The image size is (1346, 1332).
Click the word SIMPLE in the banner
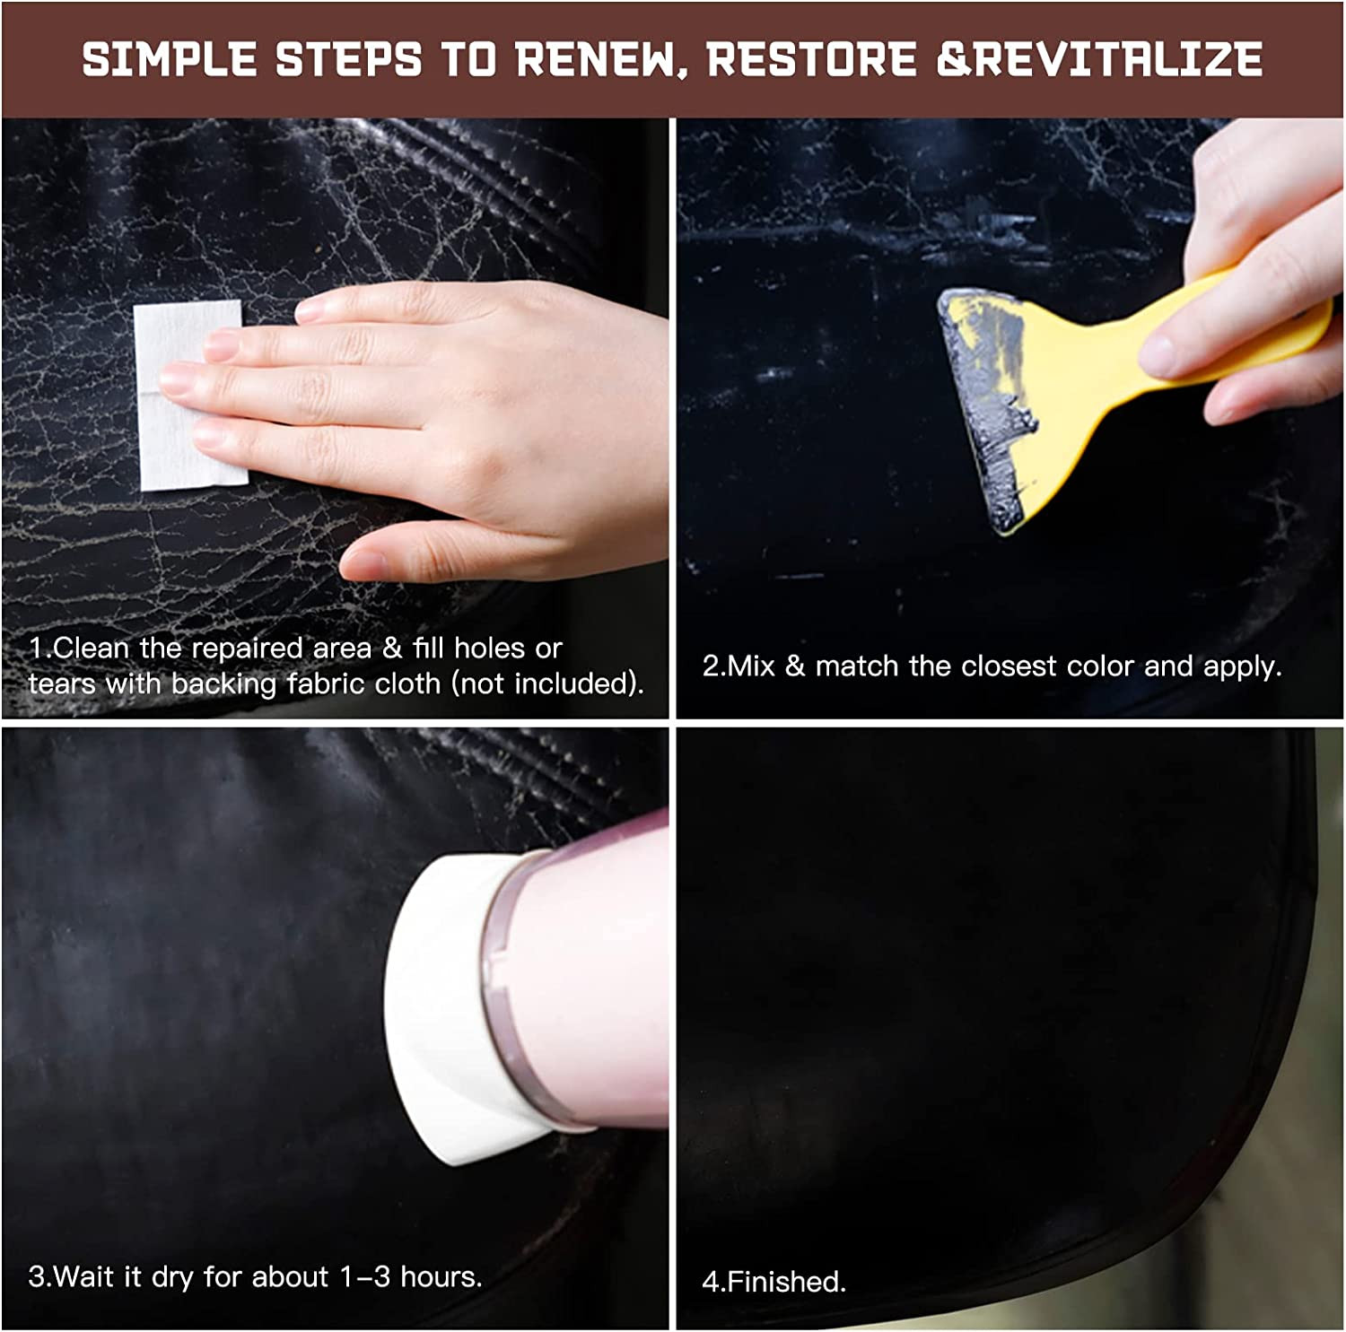(x=170, y=59)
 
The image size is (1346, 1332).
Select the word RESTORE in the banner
(x=811, y=59)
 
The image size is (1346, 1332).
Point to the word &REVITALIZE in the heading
(x=1099, y=59)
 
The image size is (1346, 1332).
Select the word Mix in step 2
(x=749, y=666)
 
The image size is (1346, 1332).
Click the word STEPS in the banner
(x=348, y=59)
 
